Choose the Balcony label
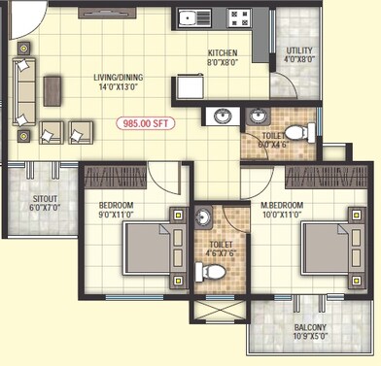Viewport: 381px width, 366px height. click(x=310, y=328)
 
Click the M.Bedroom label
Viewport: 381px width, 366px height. click(x=283, y=206)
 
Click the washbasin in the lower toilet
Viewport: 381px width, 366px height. click(x=203, y=217)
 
